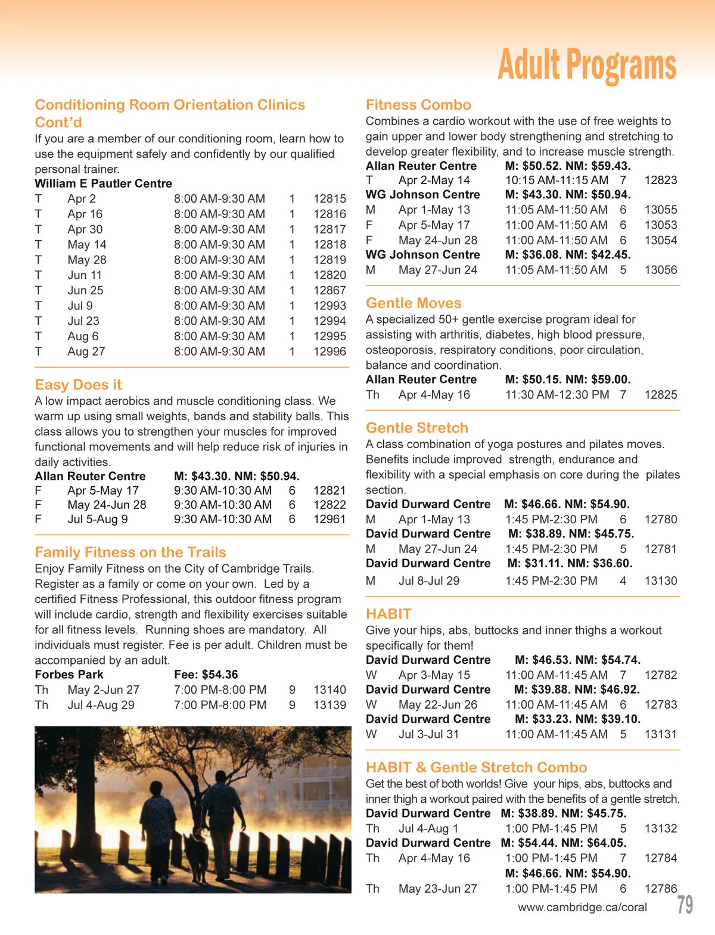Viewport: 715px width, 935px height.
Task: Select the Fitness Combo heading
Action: (x=418, y=105)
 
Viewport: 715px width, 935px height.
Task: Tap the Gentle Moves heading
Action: (x=414, y=303)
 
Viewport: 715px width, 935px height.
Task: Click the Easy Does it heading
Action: (x=78, y=385)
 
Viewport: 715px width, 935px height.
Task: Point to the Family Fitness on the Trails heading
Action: (x=130, y=552)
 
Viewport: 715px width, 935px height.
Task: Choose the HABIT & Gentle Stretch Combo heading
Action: (x=476, y=768)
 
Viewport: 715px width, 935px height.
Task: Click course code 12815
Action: (x=329, y=199)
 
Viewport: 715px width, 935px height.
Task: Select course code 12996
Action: (x=329, y=352)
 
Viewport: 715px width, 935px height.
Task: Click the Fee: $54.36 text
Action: (x=206, y=675)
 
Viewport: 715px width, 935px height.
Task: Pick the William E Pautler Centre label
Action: (x=103, y=184)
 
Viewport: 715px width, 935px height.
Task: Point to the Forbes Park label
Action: (x=69, y=675)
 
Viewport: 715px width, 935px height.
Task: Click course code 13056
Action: (x=661, y=270)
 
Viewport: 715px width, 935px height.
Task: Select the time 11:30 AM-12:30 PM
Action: (x=557, y=394)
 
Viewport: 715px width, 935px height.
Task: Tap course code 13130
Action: (x=661, y=581)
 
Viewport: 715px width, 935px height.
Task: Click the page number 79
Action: (x=685, y=905)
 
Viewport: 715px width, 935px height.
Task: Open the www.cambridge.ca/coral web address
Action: (x=582, y=908)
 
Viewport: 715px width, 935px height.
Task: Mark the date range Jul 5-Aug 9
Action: (x=97, y=520)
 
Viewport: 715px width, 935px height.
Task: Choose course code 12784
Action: (x=661, y=858)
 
